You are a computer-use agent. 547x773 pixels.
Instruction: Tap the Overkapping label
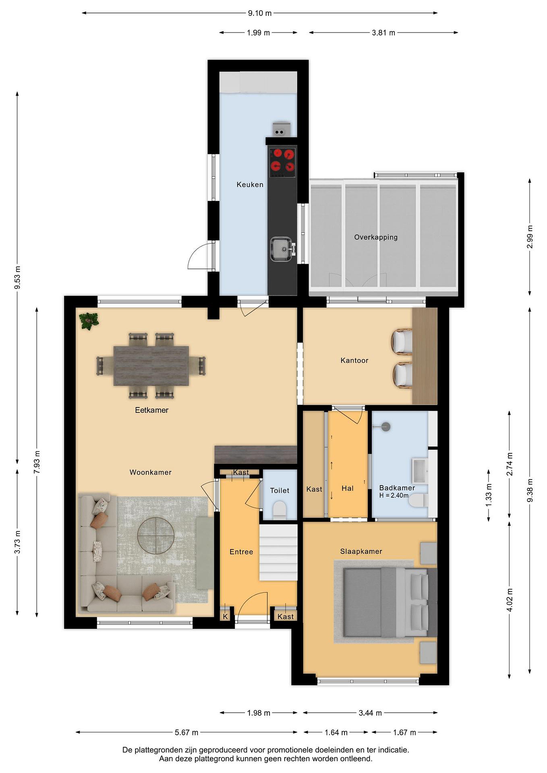376,237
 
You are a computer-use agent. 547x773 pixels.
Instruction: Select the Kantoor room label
354,360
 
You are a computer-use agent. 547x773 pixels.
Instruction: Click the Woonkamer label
151,472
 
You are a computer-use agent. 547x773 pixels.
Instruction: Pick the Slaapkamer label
361,552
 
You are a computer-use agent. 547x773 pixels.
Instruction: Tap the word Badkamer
397,488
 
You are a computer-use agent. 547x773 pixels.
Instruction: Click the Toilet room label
280,491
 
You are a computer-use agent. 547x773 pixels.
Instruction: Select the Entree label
241,552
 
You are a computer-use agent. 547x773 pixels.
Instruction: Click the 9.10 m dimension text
260,13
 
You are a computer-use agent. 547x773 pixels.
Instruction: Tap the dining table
151,366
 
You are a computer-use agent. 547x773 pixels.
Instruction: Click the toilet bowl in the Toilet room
279,509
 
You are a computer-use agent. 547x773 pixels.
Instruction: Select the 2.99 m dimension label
530,237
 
